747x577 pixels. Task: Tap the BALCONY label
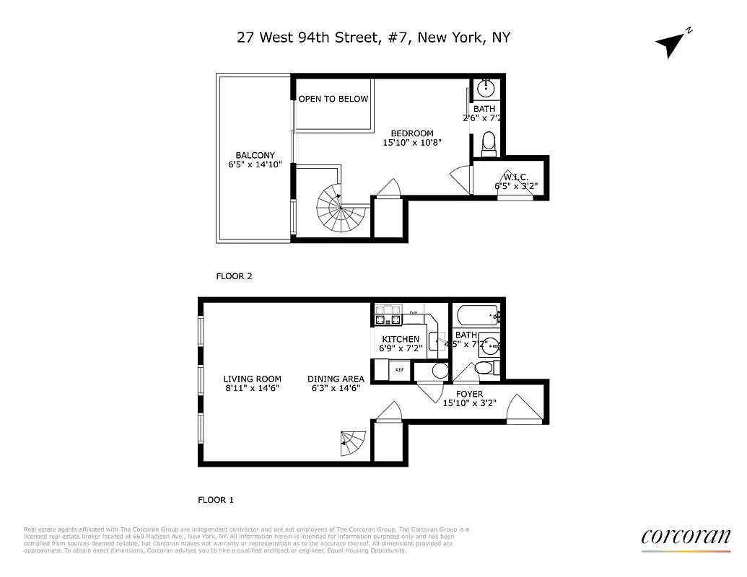[255, 155]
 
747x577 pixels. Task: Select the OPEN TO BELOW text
[333, 99]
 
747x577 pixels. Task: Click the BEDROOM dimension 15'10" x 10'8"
[411, 143]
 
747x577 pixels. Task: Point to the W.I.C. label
[515, 176]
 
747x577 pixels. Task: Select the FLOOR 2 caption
[234, 276]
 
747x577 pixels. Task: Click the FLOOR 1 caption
[216, 499]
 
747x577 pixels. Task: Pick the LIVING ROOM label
[252, 379]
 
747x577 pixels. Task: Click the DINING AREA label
[336, 379]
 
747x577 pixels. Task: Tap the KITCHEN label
[401, 339]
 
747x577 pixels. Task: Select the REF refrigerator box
[399, 371]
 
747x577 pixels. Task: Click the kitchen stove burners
[388, 316]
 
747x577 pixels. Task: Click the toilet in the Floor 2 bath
[489, 142]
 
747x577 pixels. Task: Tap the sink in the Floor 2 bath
[486, 89]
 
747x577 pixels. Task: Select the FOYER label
[468, 395]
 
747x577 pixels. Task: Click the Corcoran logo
[686, 537]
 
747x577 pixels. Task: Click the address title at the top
[373, 38]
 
